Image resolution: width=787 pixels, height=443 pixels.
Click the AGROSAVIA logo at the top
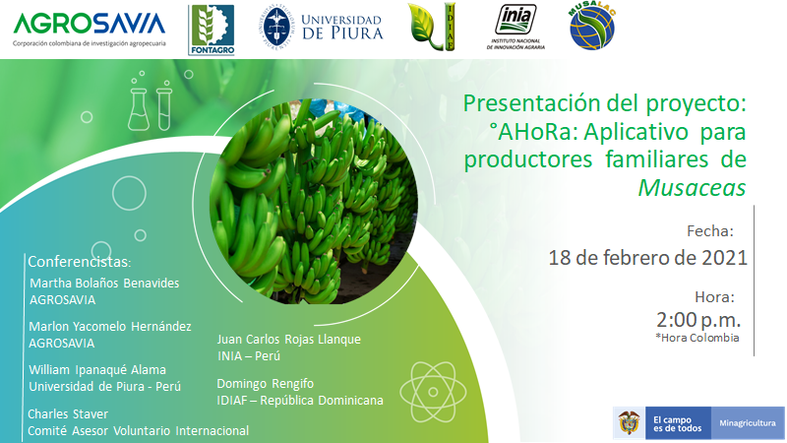pos(90,30)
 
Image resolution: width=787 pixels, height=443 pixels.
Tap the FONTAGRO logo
pos(212,31)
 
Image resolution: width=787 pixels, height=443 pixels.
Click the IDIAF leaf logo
pos(432,28)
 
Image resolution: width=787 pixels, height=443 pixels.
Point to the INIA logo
pos(515,28)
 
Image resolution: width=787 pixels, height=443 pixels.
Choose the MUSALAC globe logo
pos(592,28)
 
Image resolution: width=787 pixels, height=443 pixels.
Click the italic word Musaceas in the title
pos(692,188)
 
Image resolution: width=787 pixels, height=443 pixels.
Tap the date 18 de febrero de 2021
pos(647,258)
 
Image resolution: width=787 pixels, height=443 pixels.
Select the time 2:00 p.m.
pos(698,319)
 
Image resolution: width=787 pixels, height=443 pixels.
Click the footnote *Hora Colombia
pos(697,338)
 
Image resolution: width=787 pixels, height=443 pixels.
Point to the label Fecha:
pos(709,231)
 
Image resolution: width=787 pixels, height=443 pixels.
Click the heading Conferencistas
pos(80,262)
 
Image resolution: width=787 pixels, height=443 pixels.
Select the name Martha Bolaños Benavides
pos(104,283)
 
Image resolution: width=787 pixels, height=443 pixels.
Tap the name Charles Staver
pos(68,413)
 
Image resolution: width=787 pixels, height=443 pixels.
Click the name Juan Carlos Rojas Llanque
pos(288,339)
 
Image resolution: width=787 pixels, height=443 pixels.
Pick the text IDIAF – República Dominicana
pos(300,401)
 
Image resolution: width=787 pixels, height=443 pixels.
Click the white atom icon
pos(433,392)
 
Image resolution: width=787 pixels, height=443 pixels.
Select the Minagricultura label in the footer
pos(748,423)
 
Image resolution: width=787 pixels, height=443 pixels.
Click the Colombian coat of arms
pos(629,422)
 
